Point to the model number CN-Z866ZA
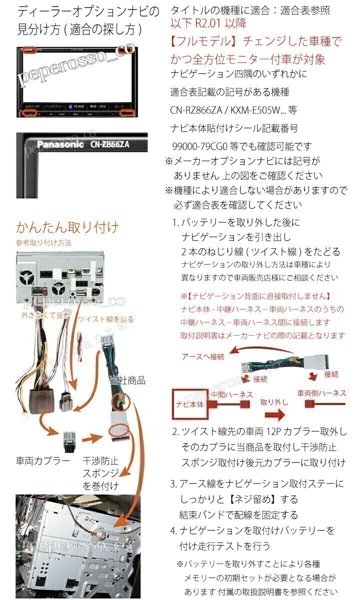[x=110, y=145]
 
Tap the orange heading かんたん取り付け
[x=67, y=228]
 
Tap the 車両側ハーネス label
[x=321, y=393]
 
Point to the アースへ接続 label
[x=203, y=356]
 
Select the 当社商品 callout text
[x=127, y=380]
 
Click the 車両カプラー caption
[x=43, y=460]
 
